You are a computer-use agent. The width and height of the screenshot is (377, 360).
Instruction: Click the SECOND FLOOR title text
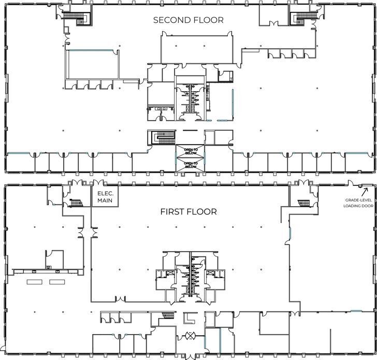[188, 20]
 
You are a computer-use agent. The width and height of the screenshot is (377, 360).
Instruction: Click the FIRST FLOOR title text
[188, 211]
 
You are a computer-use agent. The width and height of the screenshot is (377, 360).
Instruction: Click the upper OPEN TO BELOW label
[191, 151]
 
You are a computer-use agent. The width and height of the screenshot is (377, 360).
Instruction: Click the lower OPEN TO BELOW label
[191, 165]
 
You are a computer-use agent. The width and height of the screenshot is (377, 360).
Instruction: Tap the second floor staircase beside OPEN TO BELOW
[162, 138]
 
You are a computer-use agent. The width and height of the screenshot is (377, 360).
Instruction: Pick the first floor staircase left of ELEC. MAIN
[76, 203]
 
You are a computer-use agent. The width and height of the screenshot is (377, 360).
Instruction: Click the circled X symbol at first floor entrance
[191, 335]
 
